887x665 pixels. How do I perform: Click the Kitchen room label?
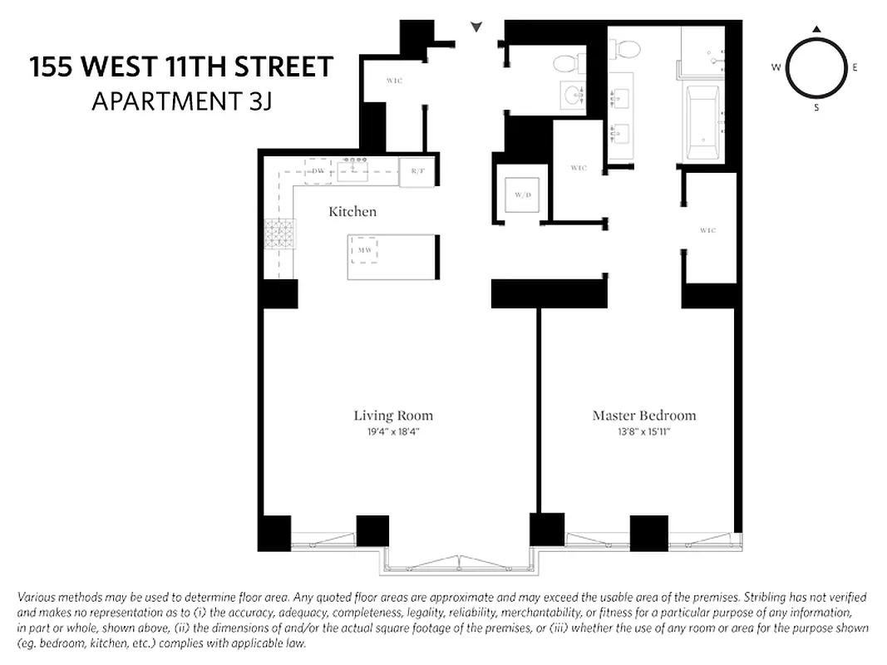(352, 212)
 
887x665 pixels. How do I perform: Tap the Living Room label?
(393, 416)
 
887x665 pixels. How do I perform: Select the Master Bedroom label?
(643, 416)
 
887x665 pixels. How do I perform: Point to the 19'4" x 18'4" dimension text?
(393, 432)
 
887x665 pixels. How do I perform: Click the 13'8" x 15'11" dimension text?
(643, 432)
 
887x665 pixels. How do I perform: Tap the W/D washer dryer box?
(522, 195)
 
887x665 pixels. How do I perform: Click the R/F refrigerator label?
(417, 172)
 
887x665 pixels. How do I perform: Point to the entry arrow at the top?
(476, 27)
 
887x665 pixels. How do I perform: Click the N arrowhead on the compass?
(816, 30)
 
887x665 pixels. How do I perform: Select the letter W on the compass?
(776, 67)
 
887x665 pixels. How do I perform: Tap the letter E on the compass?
(855, 67)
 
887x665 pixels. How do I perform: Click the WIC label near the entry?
(394, 81)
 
